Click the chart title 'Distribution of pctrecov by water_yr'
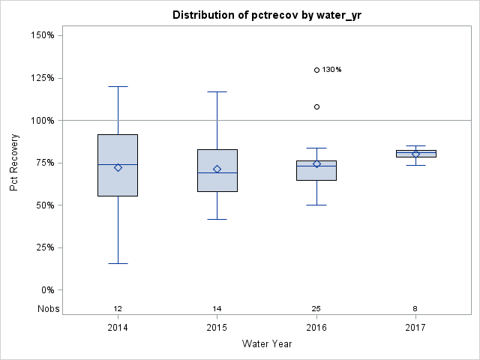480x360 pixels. (266, 15)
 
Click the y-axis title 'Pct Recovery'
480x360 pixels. (15, 163)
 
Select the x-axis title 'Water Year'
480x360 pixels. (266, 344)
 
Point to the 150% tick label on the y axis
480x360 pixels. (40, 35)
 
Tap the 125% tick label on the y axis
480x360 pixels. (40, 78)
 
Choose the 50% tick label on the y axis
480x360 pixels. (43, 205)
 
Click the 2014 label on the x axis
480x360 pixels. (118, 328)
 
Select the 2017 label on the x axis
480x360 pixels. (415, 328)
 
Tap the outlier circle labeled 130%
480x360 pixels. (316, 70)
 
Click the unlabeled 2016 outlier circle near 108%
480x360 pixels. (316, 106)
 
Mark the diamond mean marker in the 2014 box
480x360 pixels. (118, 167)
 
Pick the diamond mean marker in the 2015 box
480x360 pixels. (217, 169)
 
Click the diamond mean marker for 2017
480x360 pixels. (415, 154)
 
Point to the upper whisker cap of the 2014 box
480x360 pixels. (118, 86)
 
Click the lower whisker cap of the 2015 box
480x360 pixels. (217, 219)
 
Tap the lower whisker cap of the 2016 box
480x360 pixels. (316, 205)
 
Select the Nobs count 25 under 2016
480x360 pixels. (316, 309)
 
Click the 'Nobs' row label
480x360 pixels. (48, 309)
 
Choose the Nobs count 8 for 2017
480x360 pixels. (415, 309)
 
